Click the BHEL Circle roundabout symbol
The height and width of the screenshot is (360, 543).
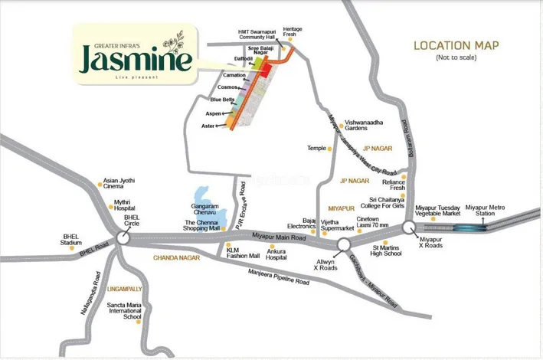tap(122, 238)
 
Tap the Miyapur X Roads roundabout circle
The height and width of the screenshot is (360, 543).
tap(409, 226)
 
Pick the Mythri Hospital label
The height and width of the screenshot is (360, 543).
tap(123, 206)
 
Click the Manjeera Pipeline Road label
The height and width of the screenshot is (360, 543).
tap(278, 277)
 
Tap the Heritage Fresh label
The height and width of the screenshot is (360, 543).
tap(292, 32)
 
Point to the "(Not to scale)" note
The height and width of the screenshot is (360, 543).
tap(455, 58)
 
